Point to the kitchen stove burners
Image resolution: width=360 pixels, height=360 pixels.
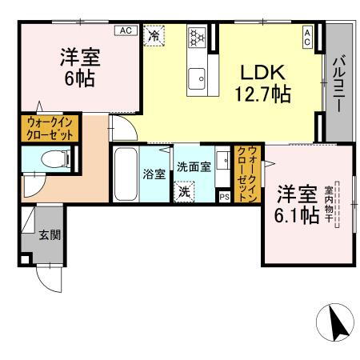pyautogui.click(x=197, y=37)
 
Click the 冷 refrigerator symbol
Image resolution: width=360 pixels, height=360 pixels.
pyautogui.click(x=153, y=35)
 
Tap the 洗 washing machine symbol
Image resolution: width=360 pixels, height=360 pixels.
pyautogui.click(x=184, y=192)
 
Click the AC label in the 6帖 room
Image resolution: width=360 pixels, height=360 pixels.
pyautogui.click(x=124, y=30)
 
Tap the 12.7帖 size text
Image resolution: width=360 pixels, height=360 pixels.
pyautogui.click(x=261, y=93)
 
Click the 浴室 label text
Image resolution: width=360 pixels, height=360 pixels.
pyautogui.click(x=152, y=173)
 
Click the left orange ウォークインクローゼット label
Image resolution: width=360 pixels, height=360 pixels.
pyautogui.click(x=50, y=128)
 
